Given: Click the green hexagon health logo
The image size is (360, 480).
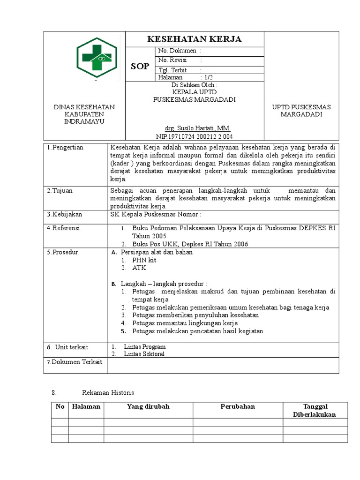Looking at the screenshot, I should [x=97, y=57].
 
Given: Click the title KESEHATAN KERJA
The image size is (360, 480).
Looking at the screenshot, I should [x=195, y=39].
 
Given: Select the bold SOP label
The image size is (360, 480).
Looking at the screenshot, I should [x=140, y=66].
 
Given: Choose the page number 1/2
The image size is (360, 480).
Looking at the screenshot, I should [x=208, y=77].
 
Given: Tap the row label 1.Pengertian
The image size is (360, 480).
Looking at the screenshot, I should [x=65, y=147].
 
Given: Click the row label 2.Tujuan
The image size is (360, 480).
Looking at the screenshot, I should [x=60, y=191].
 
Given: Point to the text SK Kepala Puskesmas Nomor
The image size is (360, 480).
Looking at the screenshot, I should [x=156, y=214].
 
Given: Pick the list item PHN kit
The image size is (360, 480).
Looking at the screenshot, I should [x=144, y=260].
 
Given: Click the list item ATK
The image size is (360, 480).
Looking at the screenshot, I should [x=139, y=268].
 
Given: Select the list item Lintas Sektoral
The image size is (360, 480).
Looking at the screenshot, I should [x=144, y=354].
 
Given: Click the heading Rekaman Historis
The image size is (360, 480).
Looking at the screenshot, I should [x=108, y=391].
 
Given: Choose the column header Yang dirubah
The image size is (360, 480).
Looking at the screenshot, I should [x=148, y=406].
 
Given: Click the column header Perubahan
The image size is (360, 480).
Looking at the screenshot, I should [x=238, y=406].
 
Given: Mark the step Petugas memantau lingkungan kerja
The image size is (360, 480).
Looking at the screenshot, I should [x=185, y=323].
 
